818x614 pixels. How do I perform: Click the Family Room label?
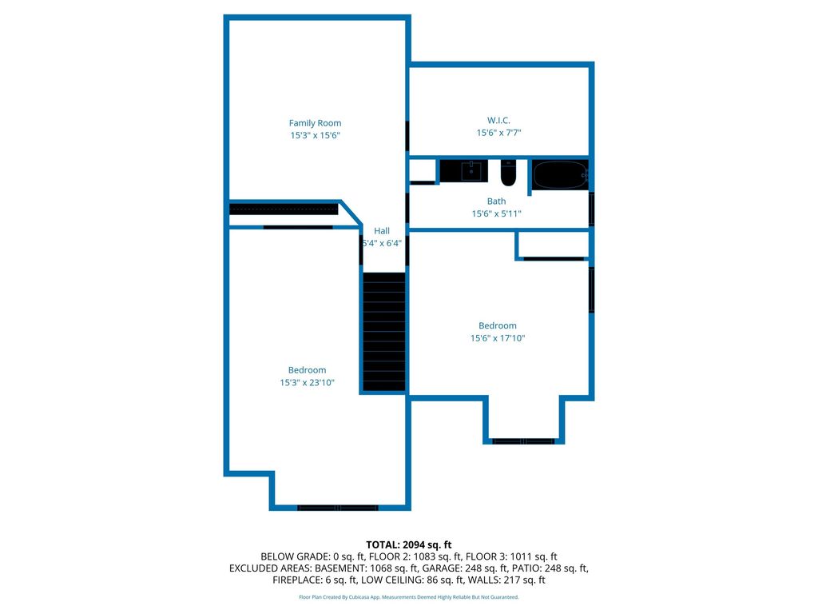[315, 122]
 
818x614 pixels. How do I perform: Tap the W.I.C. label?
[498, 120]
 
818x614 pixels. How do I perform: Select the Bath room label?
[496, 201]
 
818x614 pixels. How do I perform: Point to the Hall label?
[382, 231]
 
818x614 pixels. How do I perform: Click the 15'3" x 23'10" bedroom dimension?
[307, 382]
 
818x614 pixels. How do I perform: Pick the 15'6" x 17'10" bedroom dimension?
[498, 338]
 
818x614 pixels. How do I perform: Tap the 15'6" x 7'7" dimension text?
[498, 133]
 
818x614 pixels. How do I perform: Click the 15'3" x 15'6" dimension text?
[315, 135]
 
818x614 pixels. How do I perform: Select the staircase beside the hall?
[384, 332]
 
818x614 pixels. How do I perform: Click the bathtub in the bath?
[560, 175]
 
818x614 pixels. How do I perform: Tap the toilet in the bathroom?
[508, 173]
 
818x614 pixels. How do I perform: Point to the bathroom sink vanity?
[464, 171]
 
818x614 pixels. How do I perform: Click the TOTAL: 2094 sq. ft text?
[408, 545]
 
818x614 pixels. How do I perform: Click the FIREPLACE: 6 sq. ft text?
[315, 580]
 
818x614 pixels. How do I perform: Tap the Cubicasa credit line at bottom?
[408, 596]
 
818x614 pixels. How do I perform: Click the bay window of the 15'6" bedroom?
[523, 441]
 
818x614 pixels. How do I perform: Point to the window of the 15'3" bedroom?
[338, 508]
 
